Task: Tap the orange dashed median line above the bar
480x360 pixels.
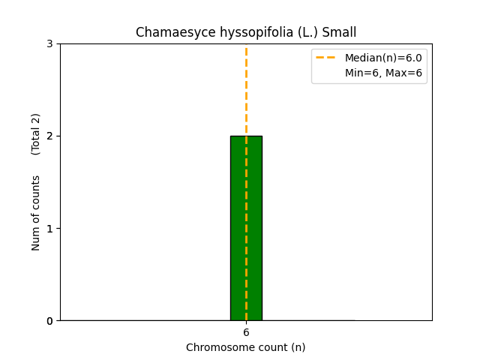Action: [x=246, y=90]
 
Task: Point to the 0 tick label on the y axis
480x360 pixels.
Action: [x=49, y=321]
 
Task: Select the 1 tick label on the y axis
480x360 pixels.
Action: [x=49, y=229]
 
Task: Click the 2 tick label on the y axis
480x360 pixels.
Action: [x=49, y=136]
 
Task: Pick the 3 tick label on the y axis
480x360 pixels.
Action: [x=49, y=43]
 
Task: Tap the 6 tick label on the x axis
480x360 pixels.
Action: [x=246, y=332]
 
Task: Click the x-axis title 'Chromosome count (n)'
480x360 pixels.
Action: [x=246, y=347]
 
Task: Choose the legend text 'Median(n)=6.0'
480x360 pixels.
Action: [x=383, y=58]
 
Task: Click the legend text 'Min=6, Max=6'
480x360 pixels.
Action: [x=383, y=73]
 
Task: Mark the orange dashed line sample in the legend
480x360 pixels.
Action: [x=327, y=58]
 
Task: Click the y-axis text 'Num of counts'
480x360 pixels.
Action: [x=36, y=213]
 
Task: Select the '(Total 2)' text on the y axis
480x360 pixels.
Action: [x=36, y=133]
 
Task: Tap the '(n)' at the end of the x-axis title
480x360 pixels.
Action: [x=298, y=347]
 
